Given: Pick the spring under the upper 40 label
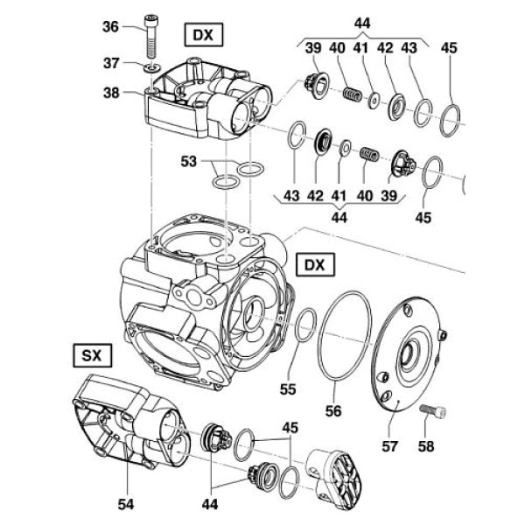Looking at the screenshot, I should [x=351, y=91].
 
